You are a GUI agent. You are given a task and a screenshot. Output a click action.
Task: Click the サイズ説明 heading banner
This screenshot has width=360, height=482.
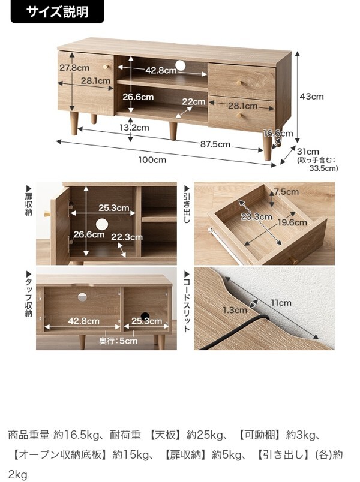pos(57,11)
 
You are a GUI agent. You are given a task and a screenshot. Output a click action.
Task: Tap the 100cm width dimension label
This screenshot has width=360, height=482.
pos(152,160)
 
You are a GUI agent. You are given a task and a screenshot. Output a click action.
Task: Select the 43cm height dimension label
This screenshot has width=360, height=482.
pos(311,96)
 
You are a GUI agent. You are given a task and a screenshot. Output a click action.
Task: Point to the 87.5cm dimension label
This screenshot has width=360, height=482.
pos(215,144)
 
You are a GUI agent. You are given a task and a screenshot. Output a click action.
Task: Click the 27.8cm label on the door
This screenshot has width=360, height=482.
pos(74,67)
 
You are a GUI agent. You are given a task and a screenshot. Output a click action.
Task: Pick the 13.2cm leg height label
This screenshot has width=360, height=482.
pos(134,127)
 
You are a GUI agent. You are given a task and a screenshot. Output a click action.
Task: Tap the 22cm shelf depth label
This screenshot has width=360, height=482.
pos(193,101)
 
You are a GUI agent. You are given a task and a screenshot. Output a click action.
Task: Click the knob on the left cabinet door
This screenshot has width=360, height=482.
pos(106,67)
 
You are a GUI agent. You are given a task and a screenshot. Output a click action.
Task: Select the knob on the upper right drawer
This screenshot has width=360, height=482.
pos(239,83)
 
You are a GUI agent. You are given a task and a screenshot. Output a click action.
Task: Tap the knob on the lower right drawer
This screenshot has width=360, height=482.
pos(239,116)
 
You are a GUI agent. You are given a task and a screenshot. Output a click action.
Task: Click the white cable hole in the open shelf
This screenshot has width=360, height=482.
pos(181,65)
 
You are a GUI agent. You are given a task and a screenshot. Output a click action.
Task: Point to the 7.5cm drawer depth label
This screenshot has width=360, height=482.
pos(286,192)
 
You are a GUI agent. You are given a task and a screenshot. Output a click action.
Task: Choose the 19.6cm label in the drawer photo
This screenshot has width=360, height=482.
pos(292,222)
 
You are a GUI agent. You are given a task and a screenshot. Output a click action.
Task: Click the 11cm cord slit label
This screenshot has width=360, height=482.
pos(281,303)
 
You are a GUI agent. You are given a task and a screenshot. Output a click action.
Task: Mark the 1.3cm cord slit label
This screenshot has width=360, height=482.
pos(235,310)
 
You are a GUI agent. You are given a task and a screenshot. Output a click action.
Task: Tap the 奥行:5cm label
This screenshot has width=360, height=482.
pos(118,341)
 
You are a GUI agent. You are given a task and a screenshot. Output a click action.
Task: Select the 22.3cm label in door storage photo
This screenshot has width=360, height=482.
pos(127,237)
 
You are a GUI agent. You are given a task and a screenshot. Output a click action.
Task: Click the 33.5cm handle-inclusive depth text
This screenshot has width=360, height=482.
pos(323,168)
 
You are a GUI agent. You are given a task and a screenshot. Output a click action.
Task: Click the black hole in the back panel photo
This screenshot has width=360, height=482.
pos(145,317)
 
